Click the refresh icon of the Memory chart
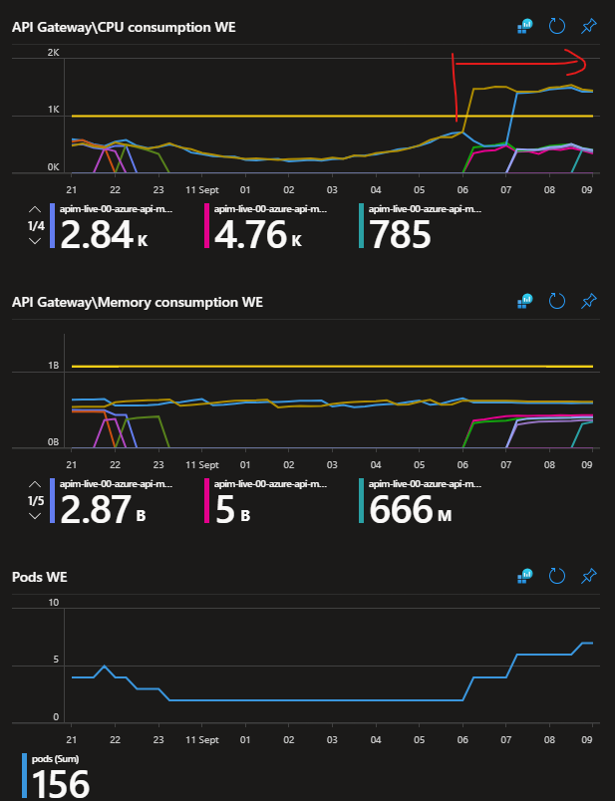pos(557,301)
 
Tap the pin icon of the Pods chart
pos(588,576)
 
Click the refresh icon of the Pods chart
pos(557,576)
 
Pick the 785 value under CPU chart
pos(400,236)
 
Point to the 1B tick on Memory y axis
pos(54,367)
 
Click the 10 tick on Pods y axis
pos(54,602)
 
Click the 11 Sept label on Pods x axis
pos(202,739)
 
